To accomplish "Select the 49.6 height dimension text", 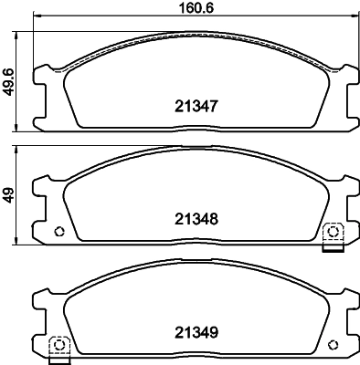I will click(9, 80).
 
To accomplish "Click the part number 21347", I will click(194, 106).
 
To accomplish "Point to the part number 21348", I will click(194, 218).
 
